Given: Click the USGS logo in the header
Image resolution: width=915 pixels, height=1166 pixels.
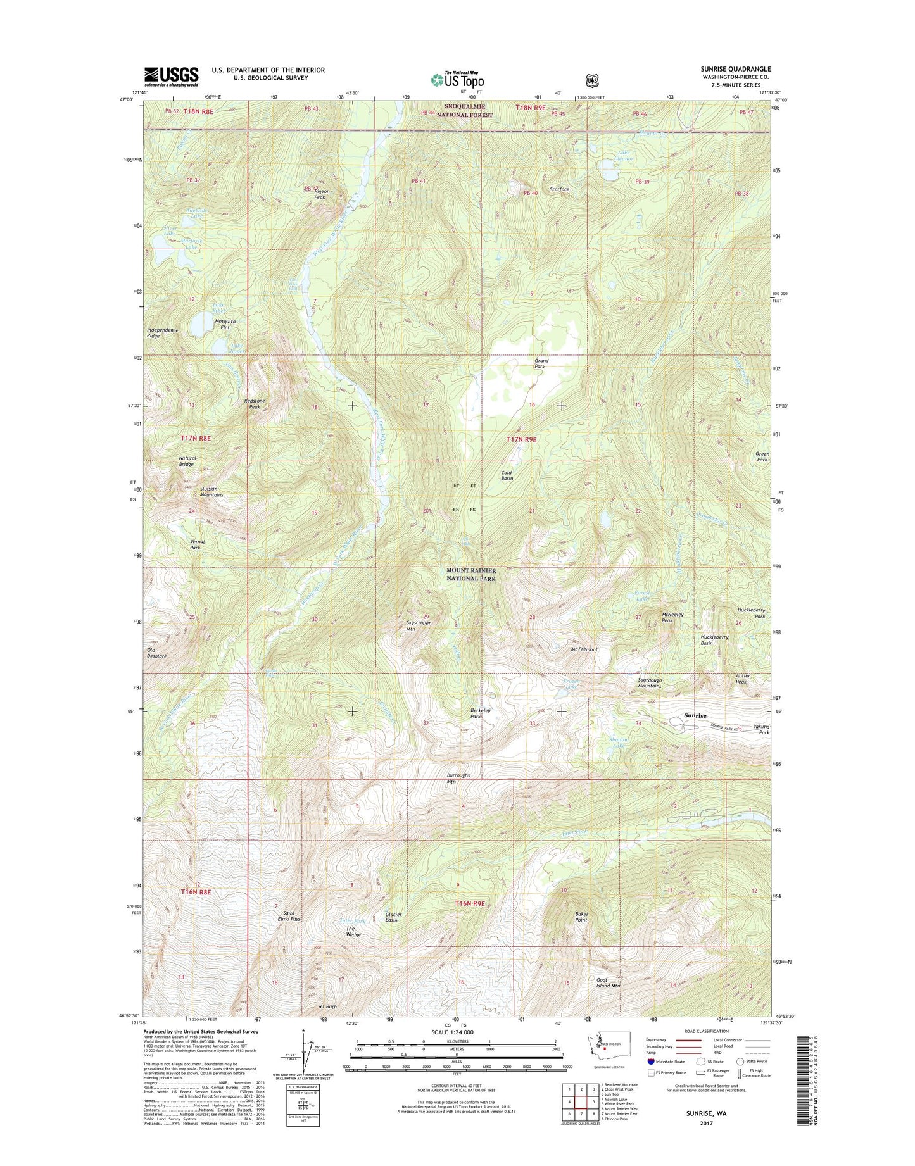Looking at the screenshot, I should tap(171, 77).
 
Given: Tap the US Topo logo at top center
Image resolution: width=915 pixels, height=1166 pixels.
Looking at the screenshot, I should tap(457, 80).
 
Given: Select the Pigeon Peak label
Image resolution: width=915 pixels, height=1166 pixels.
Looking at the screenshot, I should tap(320, 194).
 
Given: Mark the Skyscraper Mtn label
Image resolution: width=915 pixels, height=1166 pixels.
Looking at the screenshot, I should tap(419, 626).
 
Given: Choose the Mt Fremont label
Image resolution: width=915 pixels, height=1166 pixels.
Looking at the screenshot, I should tap(584, 649).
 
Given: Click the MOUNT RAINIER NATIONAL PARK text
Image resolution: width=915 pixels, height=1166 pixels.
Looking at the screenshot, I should tap(471, 574).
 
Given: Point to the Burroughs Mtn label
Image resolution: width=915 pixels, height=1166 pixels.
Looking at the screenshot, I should tap(458, 778).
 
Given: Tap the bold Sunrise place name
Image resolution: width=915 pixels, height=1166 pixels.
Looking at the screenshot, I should tap(695, 715).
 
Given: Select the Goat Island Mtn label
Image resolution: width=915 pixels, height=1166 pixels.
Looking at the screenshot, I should tap(608, 983).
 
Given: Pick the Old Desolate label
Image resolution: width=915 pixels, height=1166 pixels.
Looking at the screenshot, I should tap(157, 653).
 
